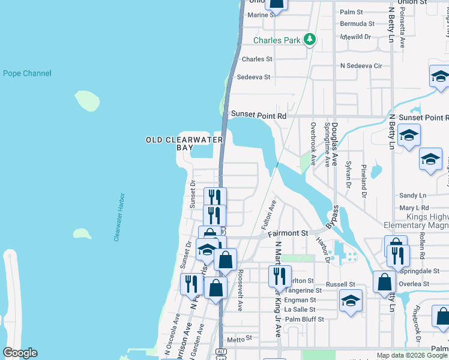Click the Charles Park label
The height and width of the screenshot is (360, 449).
(276, 41)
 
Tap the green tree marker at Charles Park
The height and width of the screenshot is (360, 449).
(309, 40)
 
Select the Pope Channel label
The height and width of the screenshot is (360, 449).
(27, 74)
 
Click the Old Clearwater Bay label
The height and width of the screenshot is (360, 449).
(184, 143)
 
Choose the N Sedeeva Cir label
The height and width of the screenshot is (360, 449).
(361, 65)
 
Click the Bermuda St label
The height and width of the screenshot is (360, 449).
(357, 24)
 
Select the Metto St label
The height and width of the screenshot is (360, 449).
(239, 338)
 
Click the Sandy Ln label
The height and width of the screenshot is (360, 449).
(412, 196)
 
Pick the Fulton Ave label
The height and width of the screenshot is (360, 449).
(268, 215)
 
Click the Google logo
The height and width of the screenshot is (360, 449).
(20, 353)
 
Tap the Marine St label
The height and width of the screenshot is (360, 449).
(261, 15)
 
